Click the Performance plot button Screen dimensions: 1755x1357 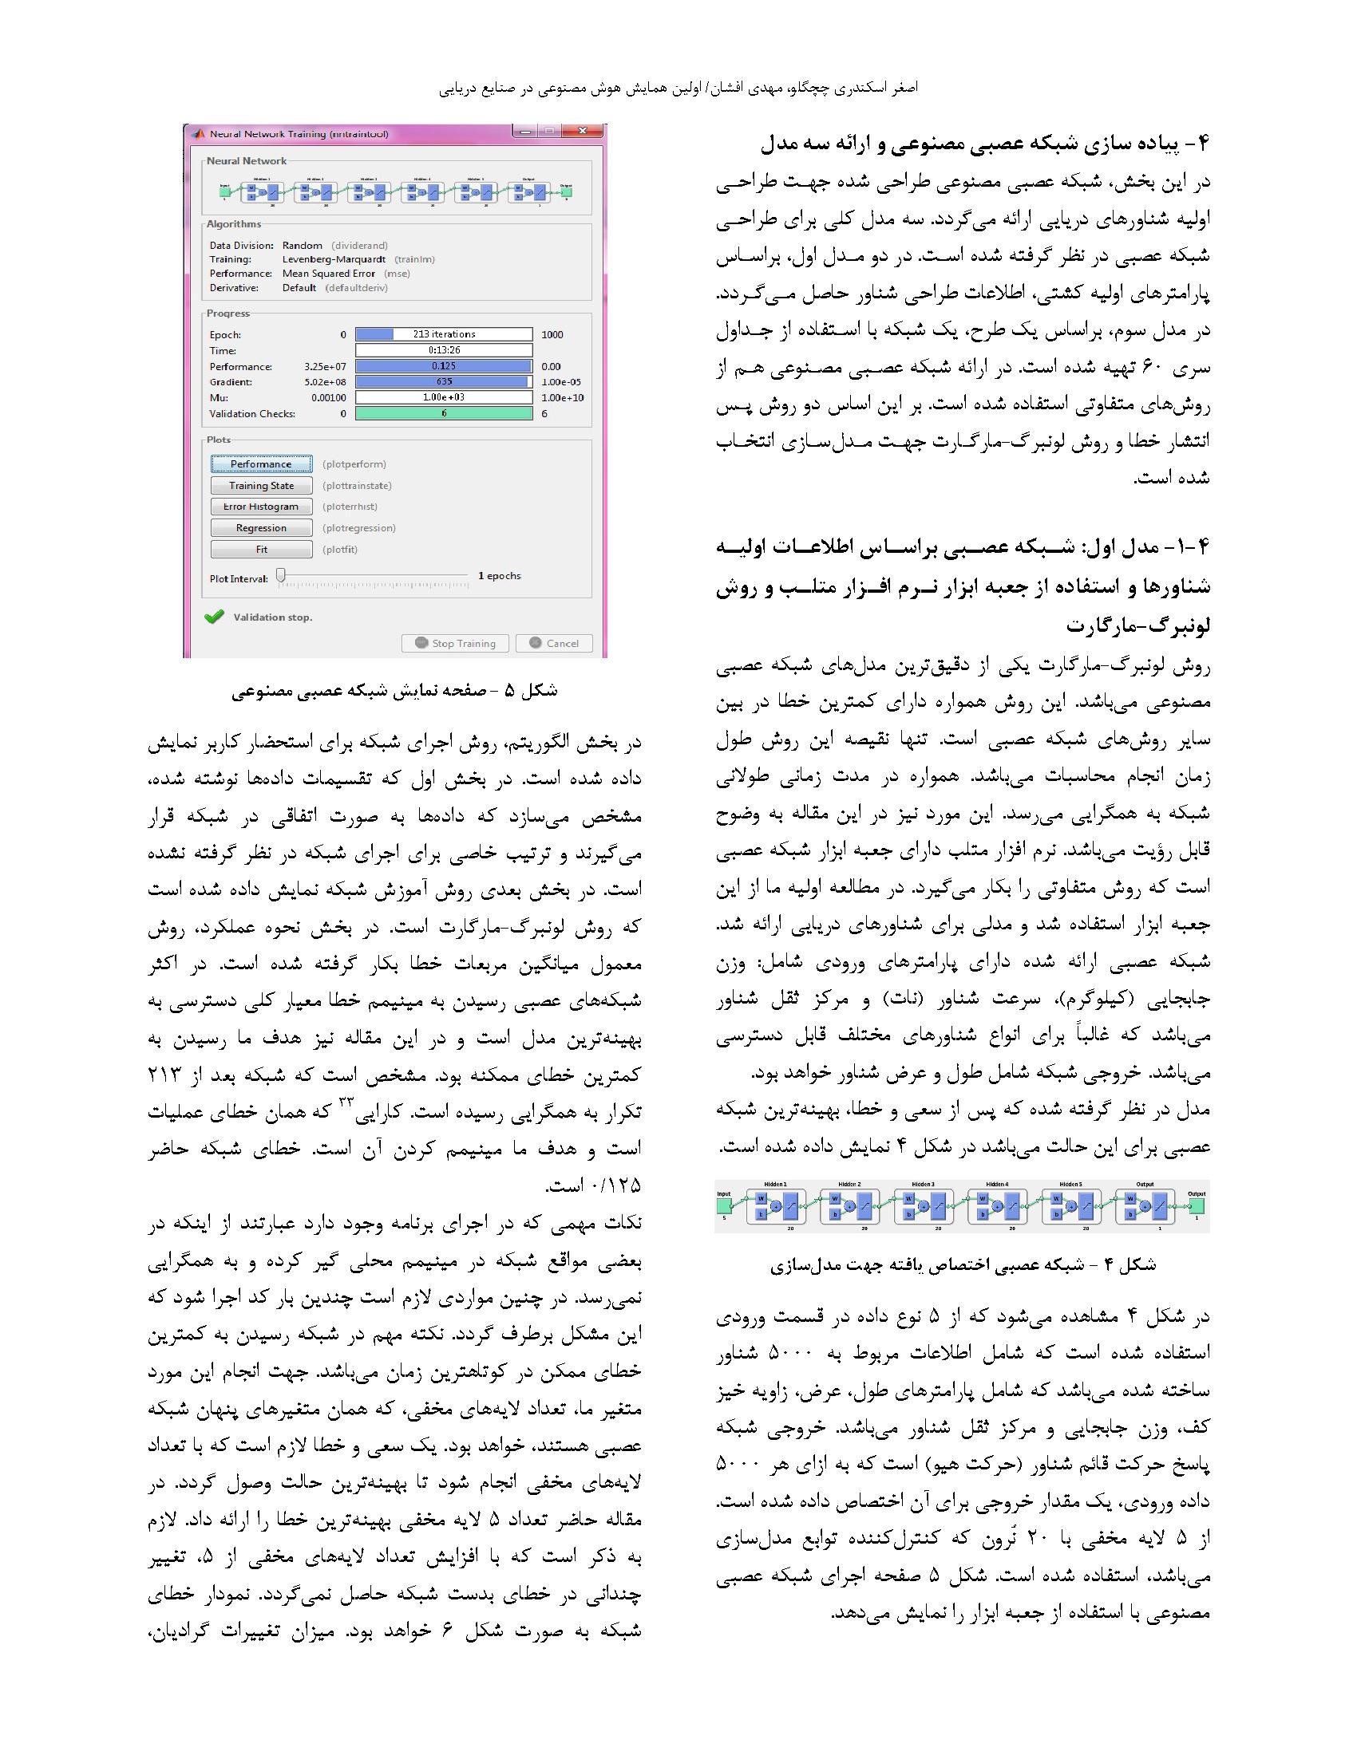tap(261, 464)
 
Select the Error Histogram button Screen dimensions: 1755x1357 tap(261, 507)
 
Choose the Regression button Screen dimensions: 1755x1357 tap(261, 528)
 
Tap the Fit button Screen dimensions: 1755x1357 tap(261, 550)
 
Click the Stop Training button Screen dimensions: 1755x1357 tap(455, 643)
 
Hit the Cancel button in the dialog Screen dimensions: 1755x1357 tap(555, 643)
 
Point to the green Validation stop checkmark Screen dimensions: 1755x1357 tap(214, 617)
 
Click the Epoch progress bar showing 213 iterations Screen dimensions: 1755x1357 tap(444, 334)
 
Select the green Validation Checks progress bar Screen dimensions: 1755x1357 tap(444, 414)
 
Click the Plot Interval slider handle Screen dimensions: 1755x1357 tap(280, 575)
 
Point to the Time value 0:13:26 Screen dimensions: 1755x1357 tap(444, 350)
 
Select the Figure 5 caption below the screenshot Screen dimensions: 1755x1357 tap(394, 691)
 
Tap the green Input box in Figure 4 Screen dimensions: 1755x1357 tap(724, 1206)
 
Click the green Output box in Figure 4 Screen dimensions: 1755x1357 tap(1197, 1207)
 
